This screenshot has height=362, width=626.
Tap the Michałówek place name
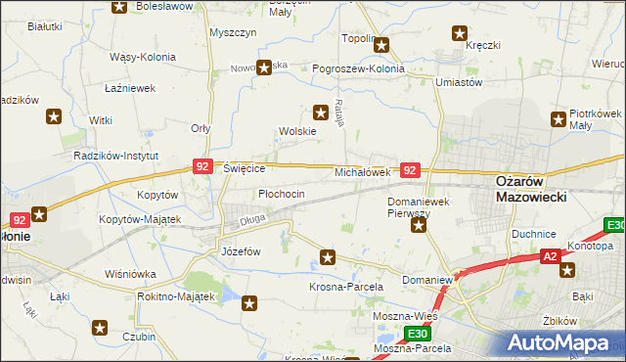363,172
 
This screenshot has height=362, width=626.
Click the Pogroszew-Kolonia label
358,69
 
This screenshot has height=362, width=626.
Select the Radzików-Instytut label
117,156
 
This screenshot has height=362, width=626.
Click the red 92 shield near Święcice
202,167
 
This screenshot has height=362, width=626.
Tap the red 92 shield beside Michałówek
411,170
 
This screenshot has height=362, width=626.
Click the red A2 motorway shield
552,256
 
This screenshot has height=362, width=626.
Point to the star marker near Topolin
382,44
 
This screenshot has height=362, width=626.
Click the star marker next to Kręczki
460,33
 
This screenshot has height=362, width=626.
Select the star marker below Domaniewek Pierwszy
419,227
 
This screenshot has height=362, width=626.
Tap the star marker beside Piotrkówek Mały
559,120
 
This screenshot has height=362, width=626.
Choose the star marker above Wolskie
319,112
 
